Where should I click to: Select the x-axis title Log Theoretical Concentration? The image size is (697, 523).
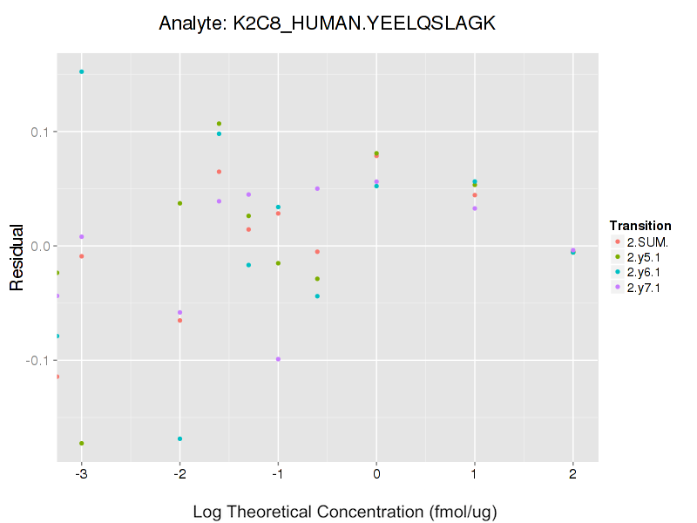point(344,512)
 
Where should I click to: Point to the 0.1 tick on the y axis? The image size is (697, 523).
point(42,132)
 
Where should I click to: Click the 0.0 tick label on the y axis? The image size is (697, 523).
point(42,246)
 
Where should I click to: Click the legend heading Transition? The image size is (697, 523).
point(640,226)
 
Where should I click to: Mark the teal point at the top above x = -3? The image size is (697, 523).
point(81,71)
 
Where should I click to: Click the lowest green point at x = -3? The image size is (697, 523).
point(81,443)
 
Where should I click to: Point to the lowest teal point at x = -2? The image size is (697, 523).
point(179,438)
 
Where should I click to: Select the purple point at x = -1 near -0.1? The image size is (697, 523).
point(278,359)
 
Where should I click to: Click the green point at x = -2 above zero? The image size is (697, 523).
point(179,203)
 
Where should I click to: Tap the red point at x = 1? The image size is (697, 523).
point(475,194)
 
